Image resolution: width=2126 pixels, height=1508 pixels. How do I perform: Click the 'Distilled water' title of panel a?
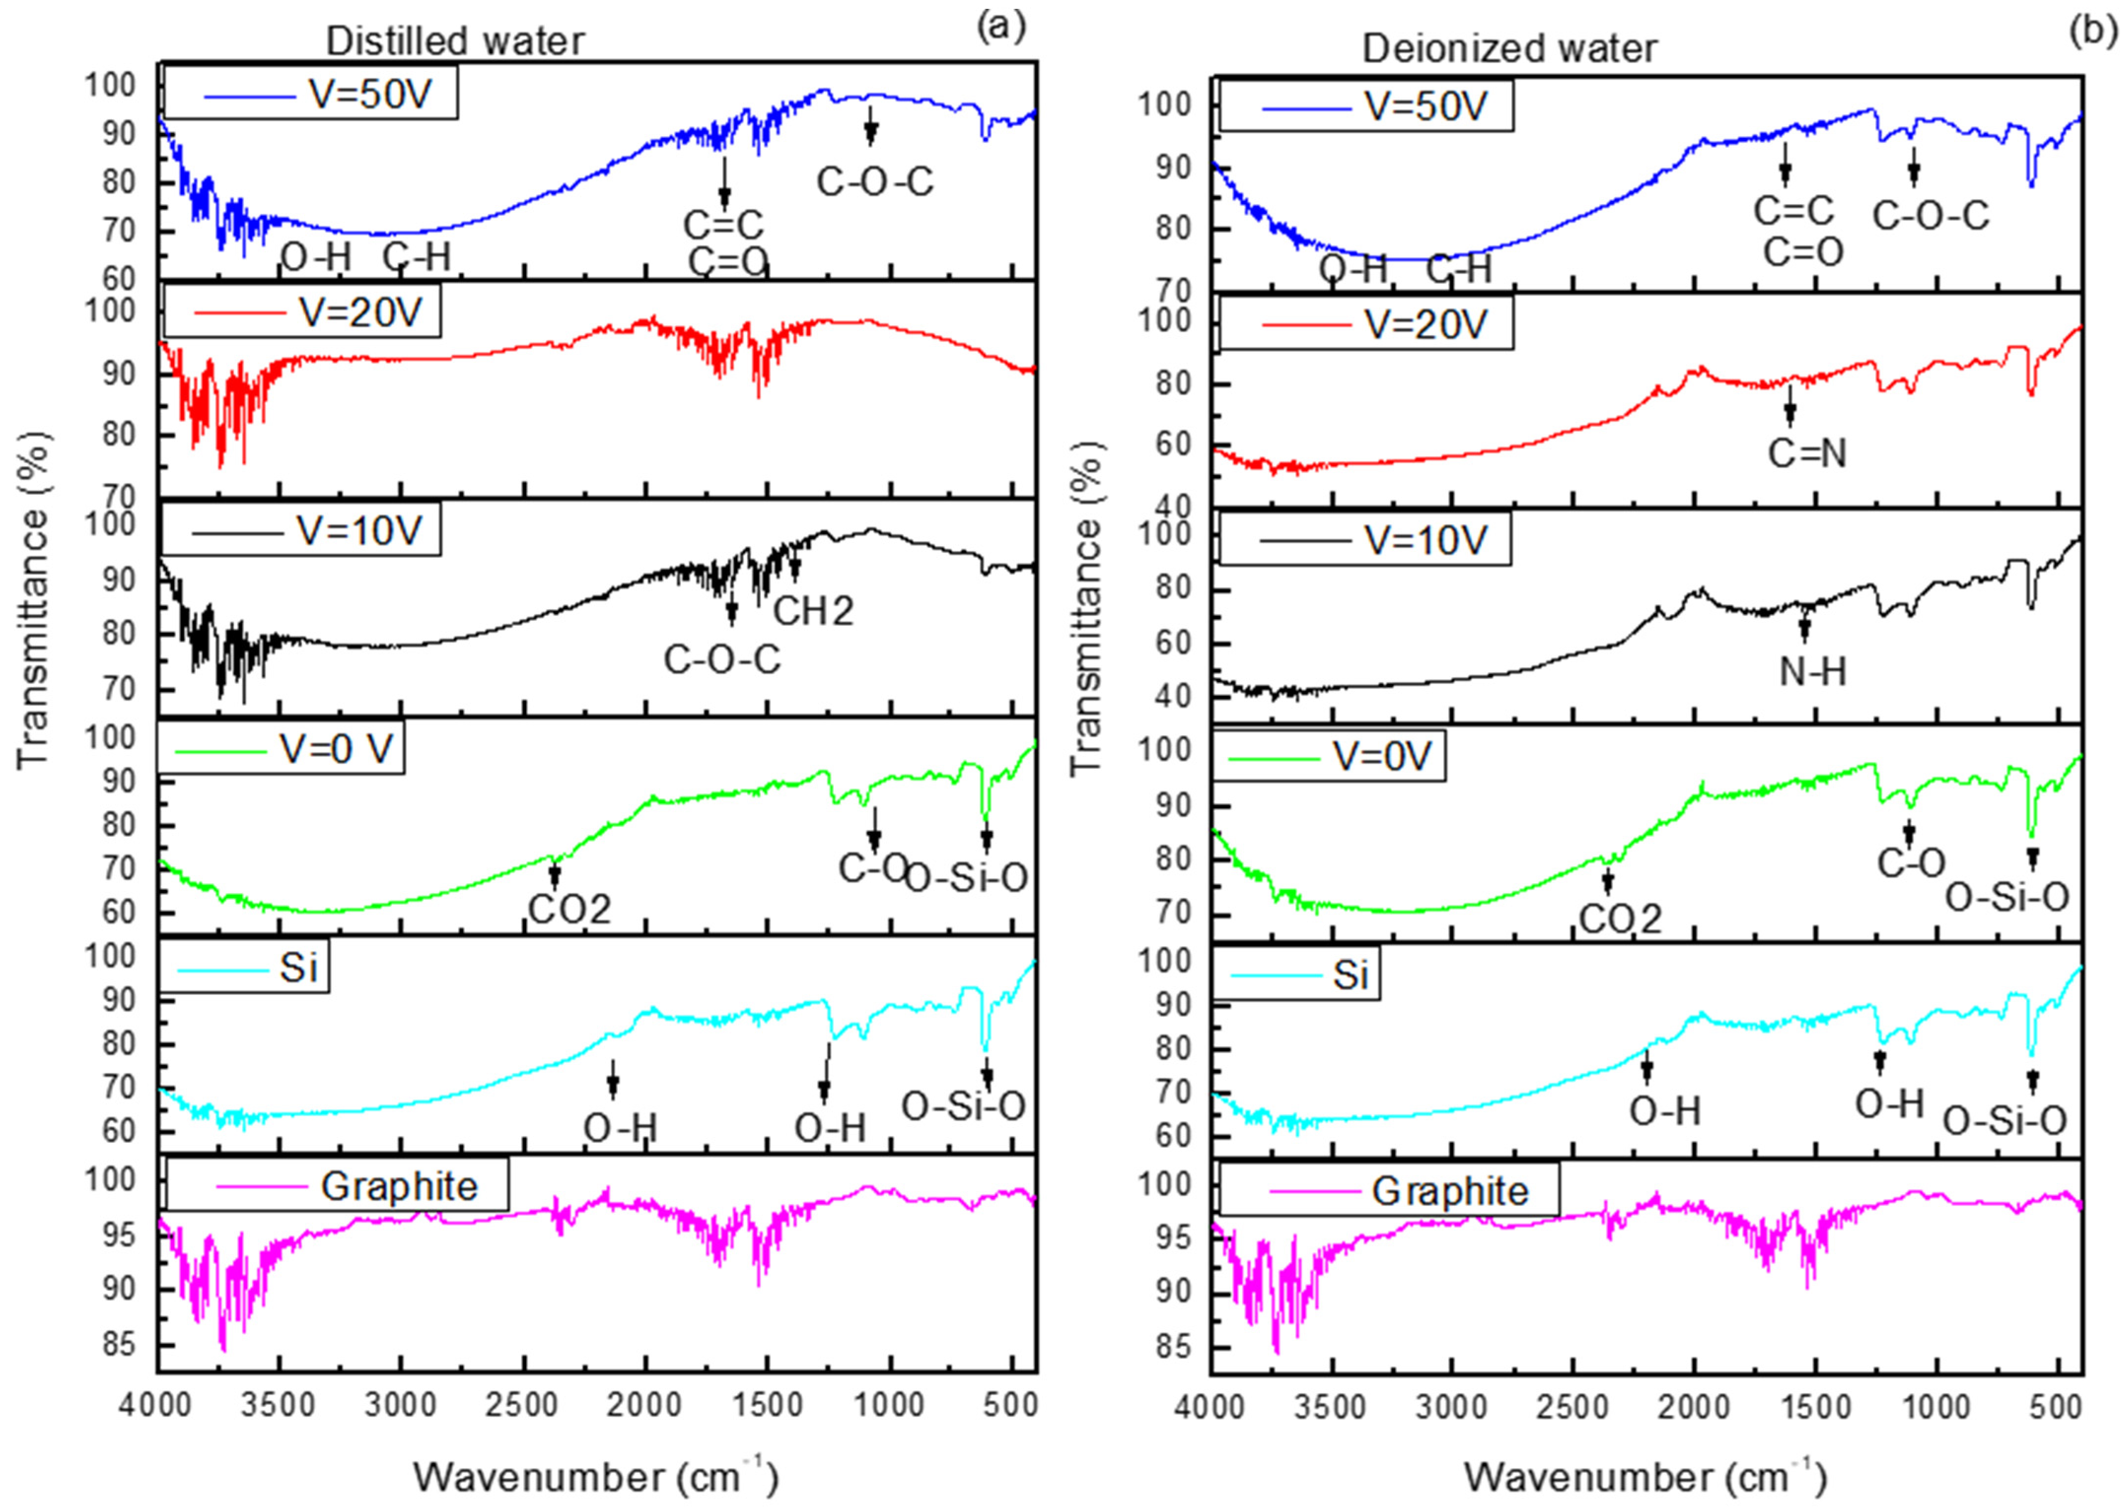[455, 42]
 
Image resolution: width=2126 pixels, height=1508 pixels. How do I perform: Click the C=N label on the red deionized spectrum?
[1807, 454]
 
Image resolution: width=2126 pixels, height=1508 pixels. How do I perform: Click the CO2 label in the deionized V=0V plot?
[1620, 919]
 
